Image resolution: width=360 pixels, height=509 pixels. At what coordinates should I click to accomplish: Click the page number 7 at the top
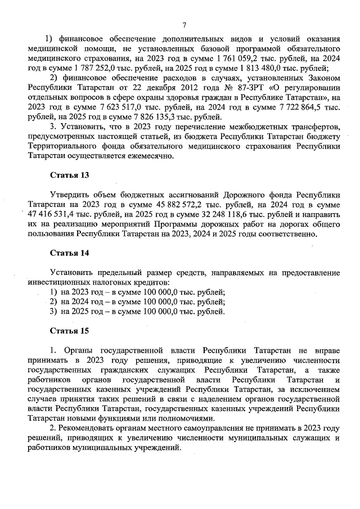[x=184, y=24]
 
